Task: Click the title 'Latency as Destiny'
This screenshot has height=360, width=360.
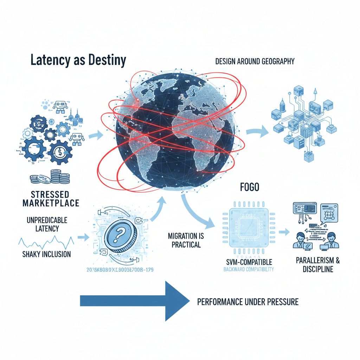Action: tap(78, 60)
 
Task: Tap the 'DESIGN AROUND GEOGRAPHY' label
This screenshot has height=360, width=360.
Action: tap(255, 62)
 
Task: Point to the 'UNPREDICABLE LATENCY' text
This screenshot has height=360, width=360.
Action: tap(47, 224)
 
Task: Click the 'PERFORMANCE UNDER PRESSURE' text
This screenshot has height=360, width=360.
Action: tap(248, 302)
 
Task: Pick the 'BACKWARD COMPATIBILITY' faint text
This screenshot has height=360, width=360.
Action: tap(248, 270)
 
